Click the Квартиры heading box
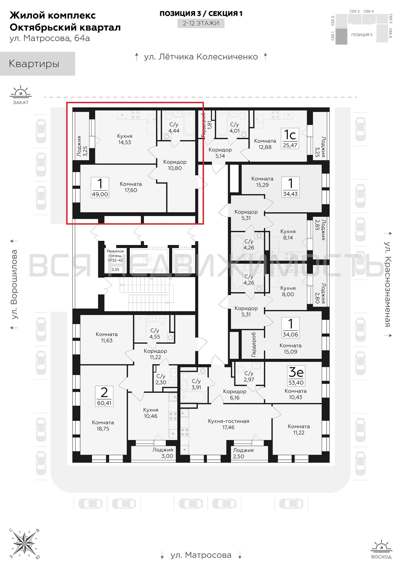[38, 64]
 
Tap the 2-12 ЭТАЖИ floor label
[201, 23]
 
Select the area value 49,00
[100, 194]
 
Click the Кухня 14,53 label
[125, 139]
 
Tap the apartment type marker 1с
[290, 135]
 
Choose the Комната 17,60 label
[131, 187]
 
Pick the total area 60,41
[104, 403]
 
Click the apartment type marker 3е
[296, 372]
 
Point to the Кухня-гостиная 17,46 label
[228, 424]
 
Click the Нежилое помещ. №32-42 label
[115, 255]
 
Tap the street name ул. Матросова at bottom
[201, 555]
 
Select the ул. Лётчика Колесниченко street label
[201, 57]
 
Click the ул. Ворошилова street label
[14, 284]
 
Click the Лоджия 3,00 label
[163, 453]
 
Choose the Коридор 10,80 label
[175, 165]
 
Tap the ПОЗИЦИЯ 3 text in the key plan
[362, 35]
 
